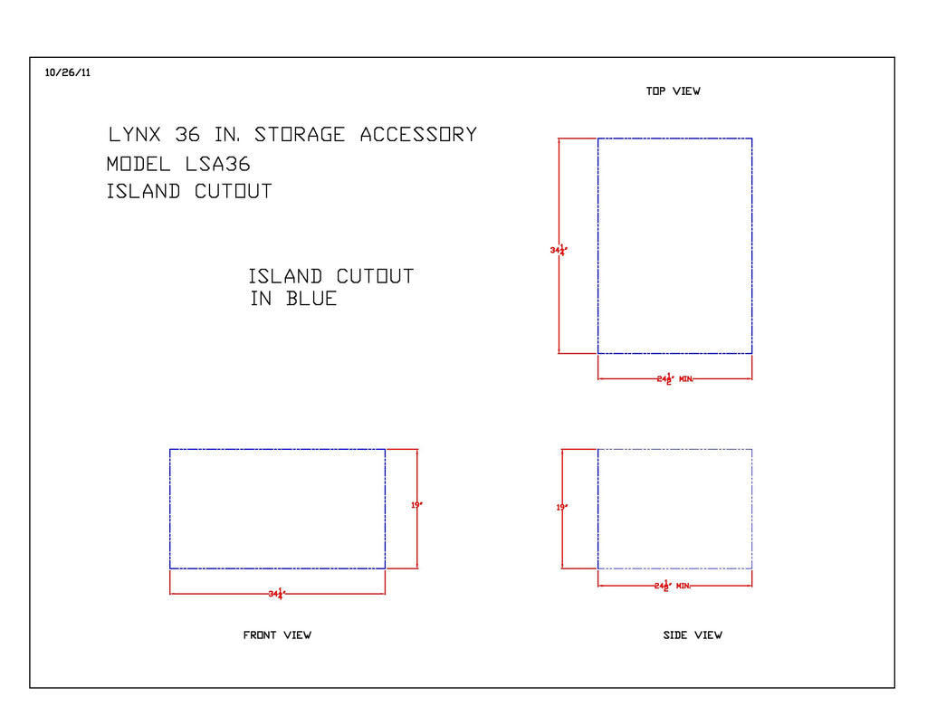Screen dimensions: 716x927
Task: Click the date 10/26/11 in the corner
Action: tap(67, 73)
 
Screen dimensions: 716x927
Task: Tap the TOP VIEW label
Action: tap(673, 91)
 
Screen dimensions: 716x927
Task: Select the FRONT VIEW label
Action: tap(277, 635)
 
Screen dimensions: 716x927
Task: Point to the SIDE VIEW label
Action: tap(693, 635)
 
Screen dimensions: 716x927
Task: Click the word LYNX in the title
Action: tap(135, 135)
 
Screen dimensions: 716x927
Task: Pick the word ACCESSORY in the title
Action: tap(418, 135)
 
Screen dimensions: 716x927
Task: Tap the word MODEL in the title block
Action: tap(139, 165)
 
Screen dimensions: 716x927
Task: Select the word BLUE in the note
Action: tap(311, 299)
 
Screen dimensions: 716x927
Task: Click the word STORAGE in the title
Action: tap(300, 135)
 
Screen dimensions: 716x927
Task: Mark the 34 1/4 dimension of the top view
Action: tap(558, 250)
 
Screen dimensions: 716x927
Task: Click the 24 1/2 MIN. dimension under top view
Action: tap(674, 378)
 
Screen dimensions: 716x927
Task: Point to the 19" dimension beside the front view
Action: tap(416, 505)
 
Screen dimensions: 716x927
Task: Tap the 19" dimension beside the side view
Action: tap(561, 508)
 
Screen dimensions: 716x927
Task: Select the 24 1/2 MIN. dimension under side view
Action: tap(673, 586)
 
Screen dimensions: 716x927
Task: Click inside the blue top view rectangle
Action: tap(674, 245)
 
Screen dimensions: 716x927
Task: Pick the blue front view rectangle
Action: tap(277, 509)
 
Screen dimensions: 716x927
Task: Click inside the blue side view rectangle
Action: tap(674, 509)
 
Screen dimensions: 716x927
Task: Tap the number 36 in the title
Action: tap(187, 135)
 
